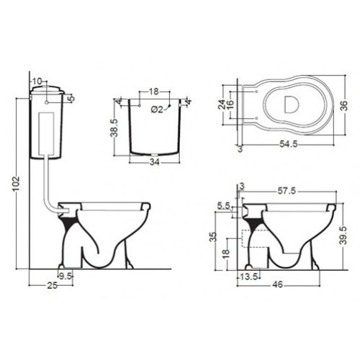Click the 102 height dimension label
(16, 184)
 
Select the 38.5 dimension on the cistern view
(114, 128)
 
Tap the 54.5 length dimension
(288, 144)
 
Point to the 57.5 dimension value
(287, 191)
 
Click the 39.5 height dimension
(344, 235)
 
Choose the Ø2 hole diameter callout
(157, 109)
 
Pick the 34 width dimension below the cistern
(154, 162)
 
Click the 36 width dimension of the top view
(344, 106)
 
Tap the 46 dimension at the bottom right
(278, 284)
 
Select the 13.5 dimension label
(249, 277)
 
